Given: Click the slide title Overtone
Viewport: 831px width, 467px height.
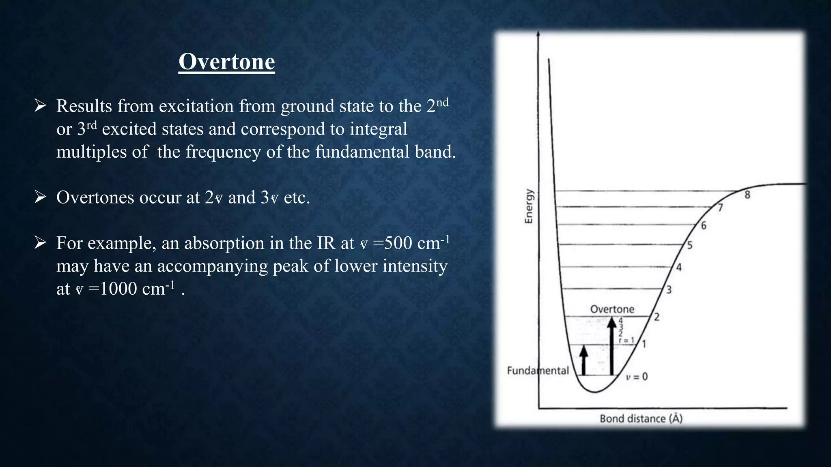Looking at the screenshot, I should coord(226,62).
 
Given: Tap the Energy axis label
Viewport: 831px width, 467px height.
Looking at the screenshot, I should coord(528,206).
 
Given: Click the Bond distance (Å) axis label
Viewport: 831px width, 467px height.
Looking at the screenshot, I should coord(641,418).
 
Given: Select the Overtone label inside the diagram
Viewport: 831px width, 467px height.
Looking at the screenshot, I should coord(612,309).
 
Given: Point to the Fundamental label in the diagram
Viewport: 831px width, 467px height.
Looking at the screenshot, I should coord(538,371).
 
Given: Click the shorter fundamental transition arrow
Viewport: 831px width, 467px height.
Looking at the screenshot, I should coord(583,360).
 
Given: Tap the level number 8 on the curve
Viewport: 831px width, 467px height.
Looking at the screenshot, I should coord(747,195).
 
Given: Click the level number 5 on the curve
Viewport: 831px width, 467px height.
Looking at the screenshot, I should coord(689,245).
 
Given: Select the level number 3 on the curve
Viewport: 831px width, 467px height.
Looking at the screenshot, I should coord(669,290).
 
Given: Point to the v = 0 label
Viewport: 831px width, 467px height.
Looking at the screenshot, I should coord(637,377).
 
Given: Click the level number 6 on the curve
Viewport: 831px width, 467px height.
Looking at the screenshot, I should coord(704,226).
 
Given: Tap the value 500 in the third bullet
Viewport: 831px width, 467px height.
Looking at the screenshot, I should coord(398,243).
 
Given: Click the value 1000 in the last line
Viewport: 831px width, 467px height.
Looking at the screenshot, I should coord(118,289).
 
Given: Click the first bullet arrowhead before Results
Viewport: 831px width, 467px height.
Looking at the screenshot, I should coord(40,106).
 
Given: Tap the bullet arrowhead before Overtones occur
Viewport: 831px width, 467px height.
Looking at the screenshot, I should coord(40,197).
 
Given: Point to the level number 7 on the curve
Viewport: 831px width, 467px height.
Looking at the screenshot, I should coord(720,208).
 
